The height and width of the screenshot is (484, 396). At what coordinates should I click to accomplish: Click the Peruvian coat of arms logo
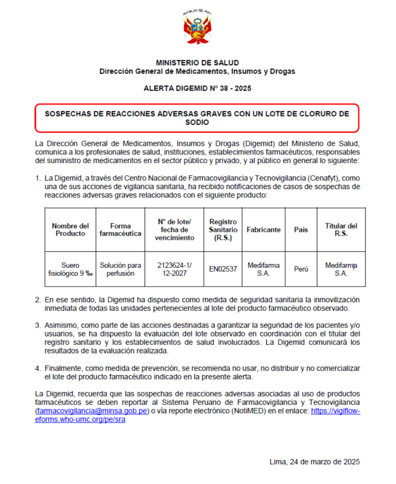pos(197,28)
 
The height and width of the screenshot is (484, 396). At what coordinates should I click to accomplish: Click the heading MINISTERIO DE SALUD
pos(197,62)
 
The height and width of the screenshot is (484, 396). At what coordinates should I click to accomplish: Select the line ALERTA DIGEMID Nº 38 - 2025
pos(197,88)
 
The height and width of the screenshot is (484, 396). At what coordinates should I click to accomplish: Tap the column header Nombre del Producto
pos(70,229)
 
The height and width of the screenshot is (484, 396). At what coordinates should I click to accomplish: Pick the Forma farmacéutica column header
pos(120,229)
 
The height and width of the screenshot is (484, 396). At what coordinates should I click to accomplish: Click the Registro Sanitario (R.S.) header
pos(223,229)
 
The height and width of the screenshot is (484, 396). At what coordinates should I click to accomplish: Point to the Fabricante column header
pos(264,230)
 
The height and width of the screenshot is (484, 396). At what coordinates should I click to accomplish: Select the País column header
pos(301,230)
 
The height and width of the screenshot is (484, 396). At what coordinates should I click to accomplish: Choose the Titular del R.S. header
pos(341,229)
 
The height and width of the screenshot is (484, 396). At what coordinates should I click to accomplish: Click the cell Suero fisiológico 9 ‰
pos(70,269)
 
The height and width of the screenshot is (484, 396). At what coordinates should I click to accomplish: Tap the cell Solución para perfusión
pos(120,269)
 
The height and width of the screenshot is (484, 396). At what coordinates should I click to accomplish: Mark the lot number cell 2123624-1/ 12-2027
pos(174,269)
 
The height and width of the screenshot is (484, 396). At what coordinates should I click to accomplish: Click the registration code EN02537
pos(223,269)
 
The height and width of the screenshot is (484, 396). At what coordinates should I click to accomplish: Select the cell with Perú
pos(301,269)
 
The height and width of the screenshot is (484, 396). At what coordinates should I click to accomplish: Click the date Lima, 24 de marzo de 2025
pos(314,461)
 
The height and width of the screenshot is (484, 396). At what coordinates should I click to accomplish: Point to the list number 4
pos(37,368)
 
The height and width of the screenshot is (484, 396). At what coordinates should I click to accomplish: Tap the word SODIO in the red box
pos(197,122)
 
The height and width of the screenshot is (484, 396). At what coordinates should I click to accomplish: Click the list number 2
pos(37,300)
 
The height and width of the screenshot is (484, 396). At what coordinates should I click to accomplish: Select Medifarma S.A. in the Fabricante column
pos(264,269)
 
